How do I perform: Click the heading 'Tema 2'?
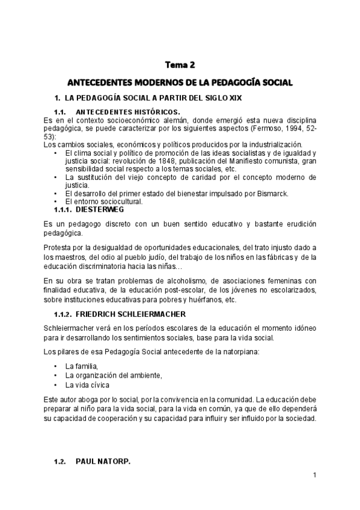(x=180, y=65)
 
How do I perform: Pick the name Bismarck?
(x=273, y=192)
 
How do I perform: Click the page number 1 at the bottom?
(x=314, y=476)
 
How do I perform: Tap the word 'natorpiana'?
(x=243, y=351)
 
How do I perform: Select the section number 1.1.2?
(x=63, y=314)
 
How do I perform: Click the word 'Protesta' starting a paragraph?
(x=58, y=249)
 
